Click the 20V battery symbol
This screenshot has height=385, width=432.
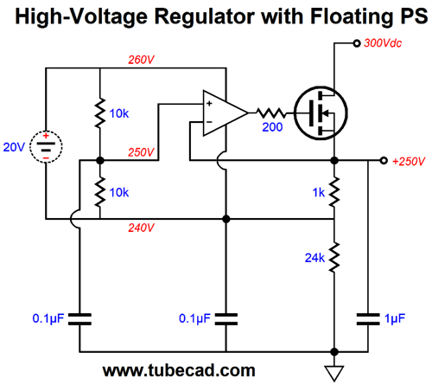pos(46,147)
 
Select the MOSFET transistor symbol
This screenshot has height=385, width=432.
pos(321,113)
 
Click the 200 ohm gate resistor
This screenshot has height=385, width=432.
pos(271,113)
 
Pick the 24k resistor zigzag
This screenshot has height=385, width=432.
pos(334,257)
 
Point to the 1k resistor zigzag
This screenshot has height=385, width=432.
pos(334,192)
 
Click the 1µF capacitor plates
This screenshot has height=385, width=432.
pos(368,319)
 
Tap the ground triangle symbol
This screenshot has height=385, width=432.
pos(334,373)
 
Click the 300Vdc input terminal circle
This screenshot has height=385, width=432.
pos(357,43)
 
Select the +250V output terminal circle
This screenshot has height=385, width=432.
pos(384,160)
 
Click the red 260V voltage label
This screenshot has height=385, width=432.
pos(141,60)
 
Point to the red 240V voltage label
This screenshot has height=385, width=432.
pos(141,228)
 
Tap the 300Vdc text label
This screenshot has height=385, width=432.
pos(383,43)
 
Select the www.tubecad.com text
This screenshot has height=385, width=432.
pos(179,370)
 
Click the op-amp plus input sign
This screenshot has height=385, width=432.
pos(209,104)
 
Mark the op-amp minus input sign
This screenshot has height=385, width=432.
pos(209,122)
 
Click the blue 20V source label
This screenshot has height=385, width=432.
pos(14,147)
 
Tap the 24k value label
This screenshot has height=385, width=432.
pos(314,258)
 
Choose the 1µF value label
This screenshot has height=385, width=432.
pos(395,319)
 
